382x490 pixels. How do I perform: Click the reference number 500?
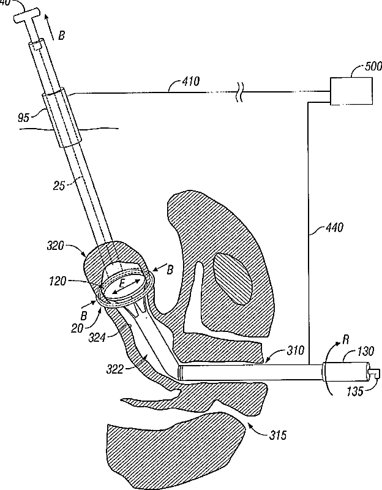365,67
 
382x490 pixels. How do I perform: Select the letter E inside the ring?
122,283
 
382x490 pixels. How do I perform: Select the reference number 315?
276,435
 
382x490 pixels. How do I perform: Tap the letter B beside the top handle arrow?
61,36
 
